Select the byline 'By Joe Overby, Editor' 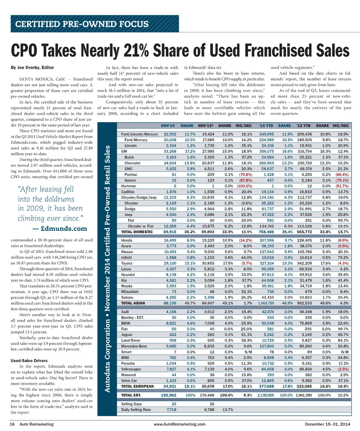32,67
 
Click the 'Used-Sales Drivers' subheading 28,361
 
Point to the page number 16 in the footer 12,424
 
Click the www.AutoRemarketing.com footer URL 180,424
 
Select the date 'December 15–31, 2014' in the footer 327,424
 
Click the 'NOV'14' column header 168,125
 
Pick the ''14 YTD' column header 266,125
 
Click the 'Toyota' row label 127,263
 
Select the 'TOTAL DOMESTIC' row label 137,232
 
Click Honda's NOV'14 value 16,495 170,240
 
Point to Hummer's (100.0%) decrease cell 245,186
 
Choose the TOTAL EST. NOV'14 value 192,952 168,395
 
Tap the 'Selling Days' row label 131,404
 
